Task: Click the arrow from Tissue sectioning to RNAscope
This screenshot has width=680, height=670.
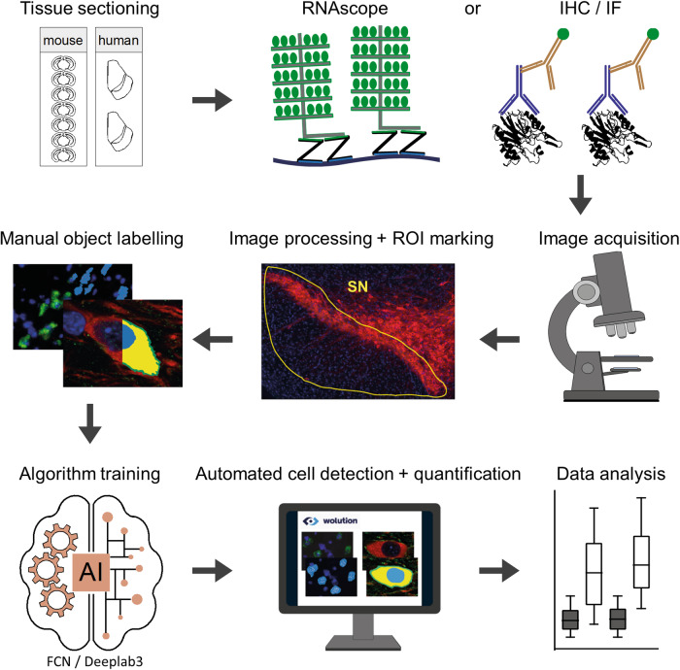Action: (x=208, y=98)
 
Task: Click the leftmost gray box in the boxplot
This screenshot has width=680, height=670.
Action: (x=570, y=619)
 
